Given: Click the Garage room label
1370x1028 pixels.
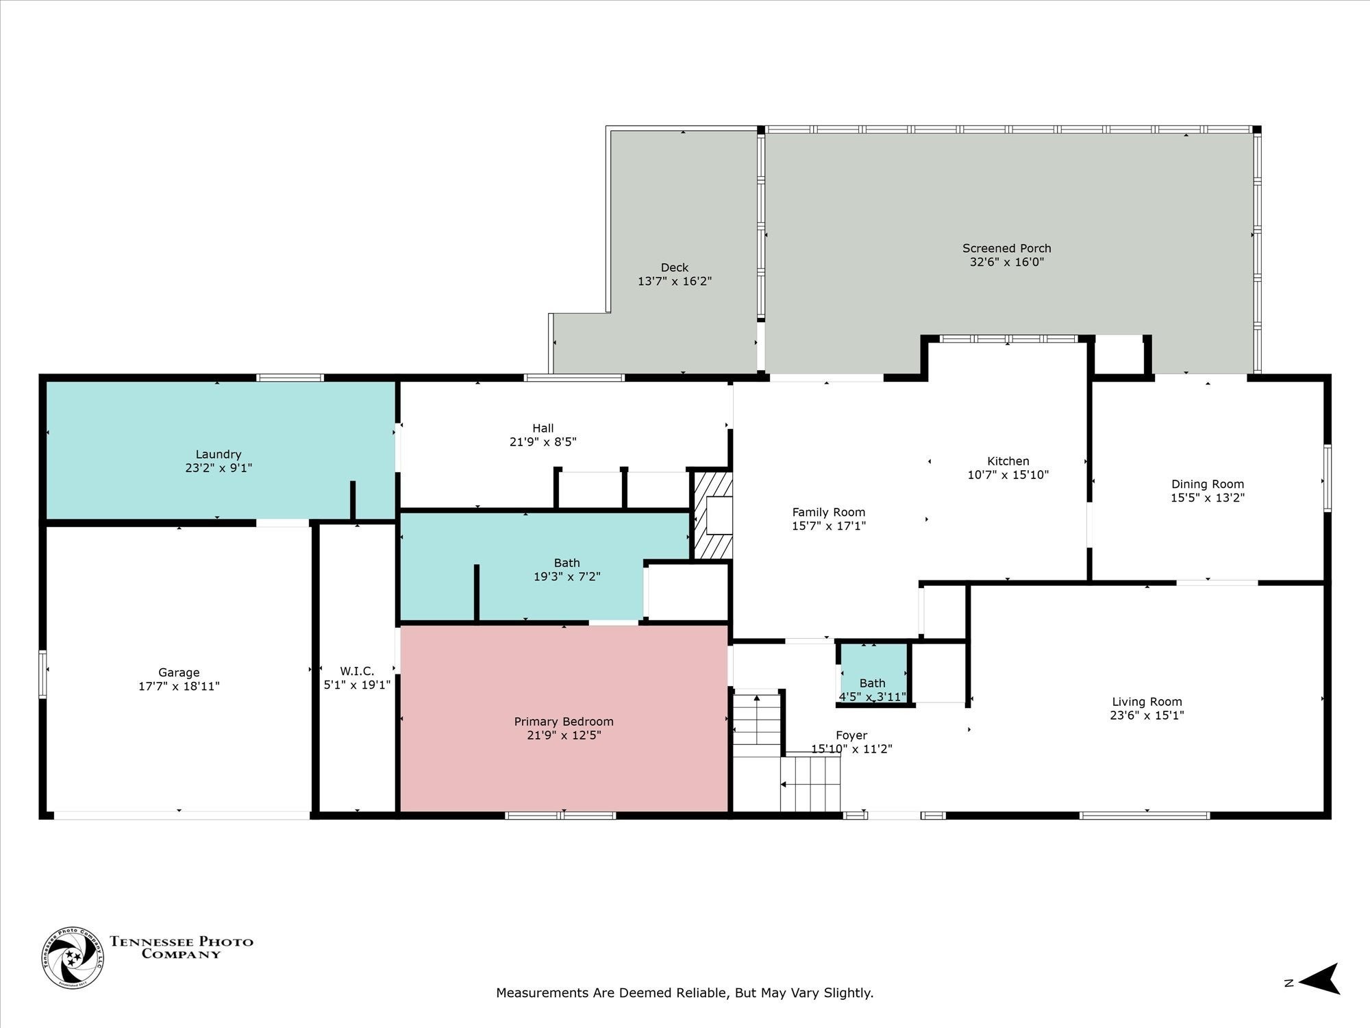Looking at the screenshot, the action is click(x=179, y=672).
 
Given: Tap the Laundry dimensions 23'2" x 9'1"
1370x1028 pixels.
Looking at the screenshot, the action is click(x=219, y=468).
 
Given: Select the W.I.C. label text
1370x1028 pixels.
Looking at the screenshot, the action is click(x=357, y=671).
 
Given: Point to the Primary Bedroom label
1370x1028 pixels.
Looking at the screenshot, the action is click(x=564, y=722).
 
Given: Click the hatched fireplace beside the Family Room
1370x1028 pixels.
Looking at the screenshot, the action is click(x=713, y=515).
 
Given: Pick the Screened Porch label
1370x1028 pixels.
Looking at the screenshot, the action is click(x=1006, y=248).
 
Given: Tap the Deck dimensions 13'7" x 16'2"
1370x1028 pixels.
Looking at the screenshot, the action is click(x=675, y=281).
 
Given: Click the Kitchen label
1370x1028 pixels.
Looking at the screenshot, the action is click(x=1008, y=461).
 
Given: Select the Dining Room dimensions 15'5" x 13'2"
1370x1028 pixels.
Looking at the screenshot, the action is click(x=1208, y=498).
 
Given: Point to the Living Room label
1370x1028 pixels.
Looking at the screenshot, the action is click(x=1147, y=702).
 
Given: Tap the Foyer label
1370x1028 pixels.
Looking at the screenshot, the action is click(x=851, y=735).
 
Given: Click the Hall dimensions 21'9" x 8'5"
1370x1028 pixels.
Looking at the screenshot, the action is click(x=543, y=442).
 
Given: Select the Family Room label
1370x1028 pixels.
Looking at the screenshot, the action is click(x=829, y=512).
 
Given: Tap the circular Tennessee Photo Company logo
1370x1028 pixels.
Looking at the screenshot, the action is click(x=73, y=957).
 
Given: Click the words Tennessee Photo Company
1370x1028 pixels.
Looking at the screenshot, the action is click(x=182, y=947).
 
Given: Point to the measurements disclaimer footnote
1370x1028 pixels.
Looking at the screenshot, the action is click(x=685, y=992).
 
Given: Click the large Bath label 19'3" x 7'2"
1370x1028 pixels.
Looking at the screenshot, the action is click(x=567, y=570).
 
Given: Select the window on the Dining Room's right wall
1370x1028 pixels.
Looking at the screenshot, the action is click(x=1327, y=478).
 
